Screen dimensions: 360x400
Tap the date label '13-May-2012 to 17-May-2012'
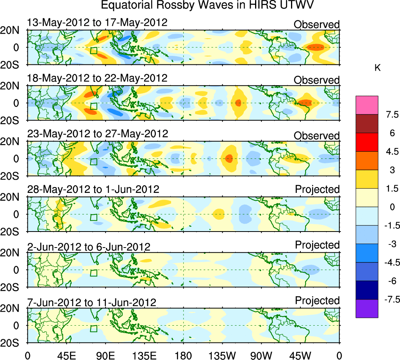[x=97, y=23]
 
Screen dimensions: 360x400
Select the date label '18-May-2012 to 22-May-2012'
[x=97, y=78]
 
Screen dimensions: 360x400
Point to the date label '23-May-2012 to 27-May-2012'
[x=98, y=134]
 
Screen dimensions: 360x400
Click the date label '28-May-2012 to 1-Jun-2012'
[x=93, y=189]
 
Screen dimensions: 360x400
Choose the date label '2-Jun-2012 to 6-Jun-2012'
[x=89, y=247]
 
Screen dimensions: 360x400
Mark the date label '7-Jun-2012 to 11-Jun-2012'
[x=92, y=303]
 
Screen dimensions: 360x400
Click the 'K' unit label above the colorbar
[x=377, y=68]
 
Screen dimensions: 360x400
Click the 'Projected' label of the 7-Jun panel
[x=317, y=301]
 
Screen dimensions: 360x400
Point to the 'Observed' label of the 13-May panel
[x=317, y=25]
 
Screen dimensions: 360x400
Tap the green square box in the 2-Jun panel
[x=93, y=273]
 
